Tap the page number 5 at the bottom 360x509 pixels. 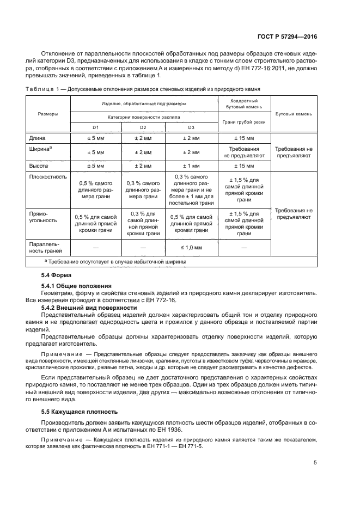tap(315, 463)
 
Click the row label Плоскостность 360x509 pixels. tap(51, 177)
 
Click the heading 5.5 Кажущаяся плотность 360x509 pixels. tap(80, 412)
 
